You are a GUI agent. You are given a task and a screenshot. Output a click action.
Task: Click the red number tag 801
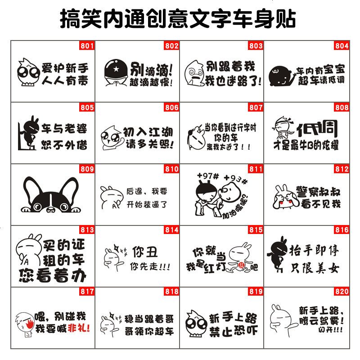point(87,45)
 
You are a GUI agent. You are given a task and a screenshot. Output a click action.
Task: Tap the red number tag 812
point(342,169)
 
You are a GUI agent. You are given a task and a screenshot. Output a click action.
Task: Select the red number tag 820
point(342,292)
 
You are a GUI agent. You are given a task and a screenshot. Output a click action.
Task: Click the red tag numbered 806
point(171,108)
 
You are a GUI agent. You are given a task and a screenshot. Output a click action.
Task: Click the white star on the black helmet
point(112,69)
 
